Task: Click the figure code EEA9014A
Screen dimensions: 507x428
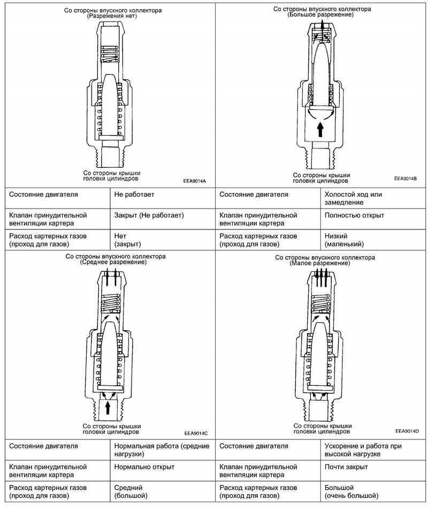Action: (x=194, y=181)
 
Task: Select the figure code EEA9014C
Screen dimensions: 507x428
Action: (x=195, y=432)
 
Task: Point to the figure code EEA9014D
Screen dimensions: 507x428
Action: (x=407, y=431)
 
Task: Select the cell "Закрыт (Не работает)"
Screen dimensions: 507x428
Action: (x=149, y=215)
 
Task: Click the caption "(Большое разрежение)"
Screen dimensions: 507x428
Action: (x=320, y=14)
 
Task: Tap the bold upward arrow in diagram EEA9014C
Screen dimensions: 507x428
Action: (x=108, y=407)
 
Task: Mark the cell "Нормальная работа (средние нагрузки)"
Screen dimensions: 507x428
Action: (x=157, y=450)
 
